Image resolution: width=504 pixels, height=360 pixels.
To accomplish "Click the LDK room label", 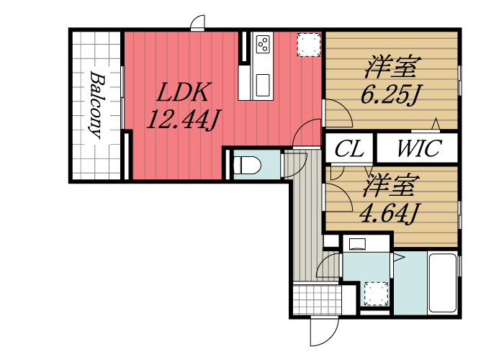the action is pyautogui.click(x=184, y=93).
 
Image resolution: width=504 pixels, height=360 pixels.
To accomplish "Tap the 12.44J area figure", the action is pyautogui.click(x=184, y=120).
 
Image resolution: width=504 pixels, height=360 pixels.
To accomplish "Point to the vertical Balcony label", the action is pyautogui.click(x=96, y=105).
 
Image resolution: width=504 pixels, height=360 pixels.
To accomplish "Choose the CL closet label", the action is pyautogui.click(x=349, y=148).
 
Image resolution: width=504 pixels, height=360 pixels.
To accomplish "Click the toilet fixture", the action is pyautogui.click(x=247, y=165).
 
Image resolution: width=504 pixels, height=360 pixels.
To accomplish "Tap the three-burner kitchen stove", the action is pyautogui.click(x=263, y=44).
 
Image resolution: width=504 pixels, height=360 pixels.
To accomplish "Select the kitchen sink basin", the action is pyautogui.click(x=263, y=85).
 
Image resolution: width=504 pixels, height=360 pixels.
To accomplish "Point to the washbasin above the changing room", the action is pyautogui.click(x=357, y=243).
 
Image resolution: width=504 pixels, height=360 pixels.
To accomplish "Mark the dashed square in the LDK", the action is pyautogui.click(x=309, y=45).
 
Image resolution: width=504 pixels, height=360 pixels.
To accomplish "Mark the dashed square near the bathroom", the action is pyautogui.click(x=377, y=294).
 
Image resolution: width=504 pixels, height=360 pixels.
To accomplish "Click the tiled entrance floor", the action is pyautogui.click(x=317, y=300).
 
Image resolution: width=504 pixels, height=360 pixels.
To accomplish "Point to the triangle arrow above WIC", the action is pyautogui.click(x=436, y=124).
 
